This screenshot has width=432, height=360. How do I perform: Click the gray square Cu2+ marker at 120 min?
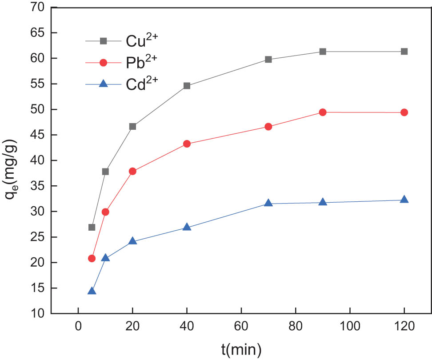404,52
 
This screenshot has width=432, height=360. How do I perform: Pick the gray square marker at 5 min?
92,227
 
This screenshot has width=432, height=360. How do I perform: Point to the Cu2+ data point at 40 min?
187,86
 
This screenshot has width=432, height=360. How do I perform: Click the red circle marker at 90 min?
323,112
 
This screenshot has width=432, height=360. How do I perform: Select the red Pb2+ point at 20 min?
132,171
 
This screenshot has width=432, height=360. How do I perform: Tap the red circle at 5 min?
92,258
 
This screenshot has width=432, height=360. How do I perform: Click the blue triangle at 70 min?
268,203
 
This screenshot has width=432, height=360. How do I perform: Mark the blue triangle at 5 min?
92,291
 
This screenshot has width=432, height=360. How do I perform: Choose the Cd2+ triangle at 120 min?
404,200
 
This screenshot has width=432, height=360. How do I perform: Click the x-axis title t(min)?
241,349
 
